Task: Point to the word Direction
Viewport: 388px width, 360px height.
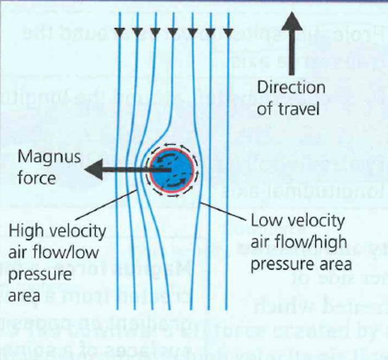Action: tap(291, 87)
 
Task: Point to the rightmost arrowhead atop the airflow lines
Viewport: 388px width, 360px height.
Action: tap(229, 32)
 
